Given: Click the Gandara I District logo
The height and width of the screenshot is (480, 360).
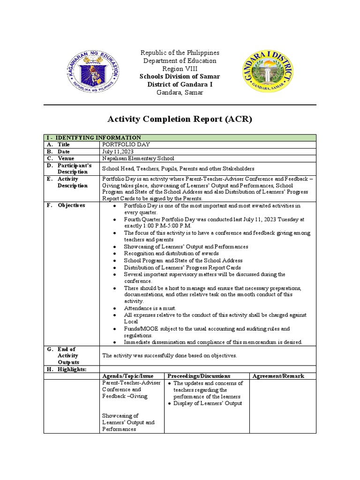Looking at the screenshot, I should pyautogui.click(x=268, y=72).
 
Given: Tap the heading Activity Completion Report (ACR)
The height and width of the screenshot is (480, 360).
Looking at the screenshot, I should pyautogui.click(x=180, y=119).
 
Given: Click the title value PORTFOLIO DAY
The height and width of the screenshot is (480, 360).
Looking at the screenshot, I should pyautogui.click(x=126, y=145).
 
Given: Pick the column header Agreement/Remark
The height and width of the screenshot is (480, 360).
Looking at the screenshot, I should pyautogui.click(x=278, y=376).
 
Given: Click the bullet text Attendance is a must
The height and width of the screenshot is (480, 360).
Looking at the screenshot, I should pyautogui.click(x=150, y=308).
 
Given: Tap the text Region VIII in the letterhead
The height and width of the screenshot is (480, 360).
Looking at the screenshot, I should pyautogui.click(x=180, y=68).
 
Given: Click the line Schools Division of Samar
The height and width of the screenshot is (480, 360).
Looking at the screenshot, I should pyautogui.click(x=180, y=76).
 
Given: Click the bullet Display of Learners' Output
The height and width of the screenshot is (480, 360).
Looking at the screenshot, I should pyautogui.click(x=207, y=403).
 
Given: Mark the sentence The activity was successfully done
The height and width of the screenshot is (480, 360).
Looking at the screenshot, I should pyautogui.click(x=169, y=356).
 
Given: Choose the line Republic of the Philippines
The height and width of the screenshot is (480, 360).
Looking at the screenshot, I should pyautogui.click(x=180, y=52).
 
